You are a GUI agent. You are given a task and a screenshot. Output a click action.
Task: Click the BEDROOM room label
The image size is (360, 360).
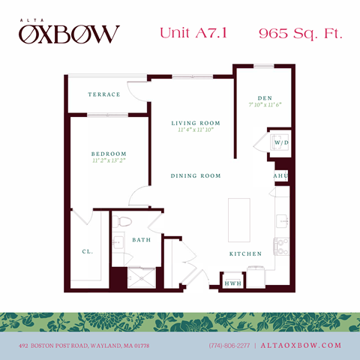[x=109, y=153]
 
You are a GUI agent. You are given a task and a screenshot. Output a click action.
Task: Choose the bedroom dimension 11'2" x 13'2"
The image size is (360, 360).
[x=109, y=160]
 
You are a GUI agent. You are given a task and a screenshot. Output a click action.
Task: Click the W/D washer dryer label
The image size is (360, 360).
[x=281, y=142]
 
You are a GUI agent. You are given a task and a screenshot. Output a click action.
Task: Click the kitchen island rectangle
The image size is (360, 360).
[x=240, y=220]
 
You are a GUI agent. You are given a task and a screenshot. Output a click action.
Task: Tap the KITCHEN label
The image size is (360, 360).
[x=245, y=254]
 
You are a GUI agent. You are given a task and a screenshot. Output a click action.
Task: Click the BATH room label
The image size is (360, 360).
[x=141, y=240]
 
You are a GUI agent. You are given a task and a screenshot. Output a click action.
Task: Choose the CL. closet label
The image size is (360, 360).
[x=87, y=253]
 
